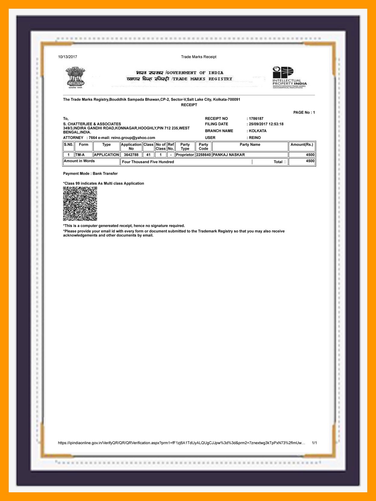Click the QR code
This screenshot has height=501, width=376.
pos(80,204)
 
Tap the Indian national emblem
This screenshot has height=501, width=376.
pos(75,78)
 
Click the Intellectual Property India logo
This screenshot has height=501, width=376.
pos(289,78)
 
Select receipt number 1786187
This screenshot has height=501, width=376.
pos(256,119)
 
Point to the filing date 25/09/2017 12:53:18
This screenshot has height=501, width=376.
pos(266,124)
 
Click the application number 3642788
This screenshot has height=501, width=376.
pos(131,155)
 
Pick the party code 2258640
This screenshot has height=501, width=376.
pos(203,155)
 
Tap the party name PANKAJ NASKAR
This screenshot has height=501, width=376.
pos(229,155)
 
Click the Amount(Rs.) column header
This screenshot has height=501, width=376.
pos(302,145)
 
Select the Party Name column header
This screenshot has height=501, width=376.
pos(250,145)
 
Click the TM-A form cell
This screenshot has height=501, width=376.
pos(80,155)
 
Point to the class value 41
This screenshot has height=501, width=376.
pos(148,155)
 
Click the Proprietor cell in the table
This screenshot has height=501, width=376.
pos(185,155)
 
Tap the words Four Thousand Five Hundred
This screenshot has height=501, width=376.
pos(148,162)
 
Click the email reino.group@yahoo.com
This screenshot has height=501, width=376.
pos(133,138)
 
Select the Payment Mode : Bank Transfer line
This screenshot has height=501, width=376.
pos(90,174)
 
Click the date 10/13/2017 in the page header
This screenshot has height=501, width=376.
pos(68,57)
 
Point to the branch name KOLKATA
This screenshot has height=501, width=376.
pos(257,131)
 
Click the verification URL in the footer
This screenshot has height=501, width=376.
pos(181,443)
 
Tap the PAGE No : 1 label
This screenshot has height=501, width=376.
pos(304,112)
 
